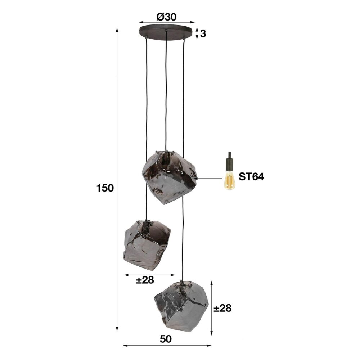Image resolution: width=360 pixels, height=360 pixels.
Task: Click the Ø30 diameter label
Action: pyautogui.click(x=166, y=16)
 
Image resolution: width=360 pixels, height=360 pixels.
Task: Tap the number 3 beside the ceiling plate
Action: pyautogui.click(x=203, y=34)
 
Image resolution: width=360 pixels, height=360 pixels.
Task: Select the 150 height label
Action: pyautogui.click(x=105, y=188)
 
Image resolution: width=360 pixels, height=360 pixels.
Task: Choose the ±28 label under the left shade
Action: pyautogui.click(x=145, y=280)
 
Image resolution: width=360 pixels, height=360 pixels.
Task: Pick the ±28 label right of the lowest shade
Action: pyautogui.click(x=222, y=308)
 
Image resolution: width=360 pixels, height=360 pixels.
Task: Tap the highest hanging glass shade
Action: pyautogui.click(x=169, y=176)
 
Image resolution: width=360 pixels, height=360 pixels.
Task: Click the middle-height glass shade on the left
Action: pyautogui.click(x=147, y=245)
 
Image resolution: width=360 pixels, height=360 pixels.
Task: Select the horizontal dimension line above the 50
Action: pyautogui.click(x=167, y=346)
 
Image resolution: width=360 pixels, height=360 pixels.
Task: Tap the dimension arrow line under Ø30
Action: pyautogui.click(x=166, y=22)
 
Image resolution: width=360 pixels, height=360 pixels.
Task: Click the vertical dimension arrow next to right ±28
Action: pyautogui.click(x=212, y=308)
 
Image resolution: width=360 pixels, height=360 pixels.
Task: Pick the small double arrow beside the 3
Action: pyautogui.click(x=197, y=33)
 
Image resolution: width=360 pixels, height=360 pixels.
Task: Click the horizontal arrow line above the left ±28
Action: pyautogui.click(x=149, y=275)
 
